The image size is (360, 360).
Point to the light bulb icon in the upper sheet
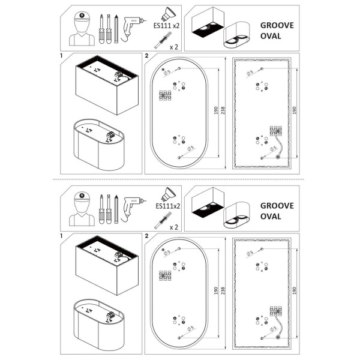166,13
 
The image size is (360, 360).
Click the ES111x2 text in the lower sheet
168,206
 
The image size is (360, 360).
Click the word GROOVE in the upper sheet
277,26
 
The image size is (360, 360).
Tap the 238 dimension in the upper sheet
223,112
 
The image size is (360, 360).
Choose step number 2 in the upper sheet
147,56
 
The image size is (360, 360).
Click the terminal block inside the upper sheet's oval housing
112,136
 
